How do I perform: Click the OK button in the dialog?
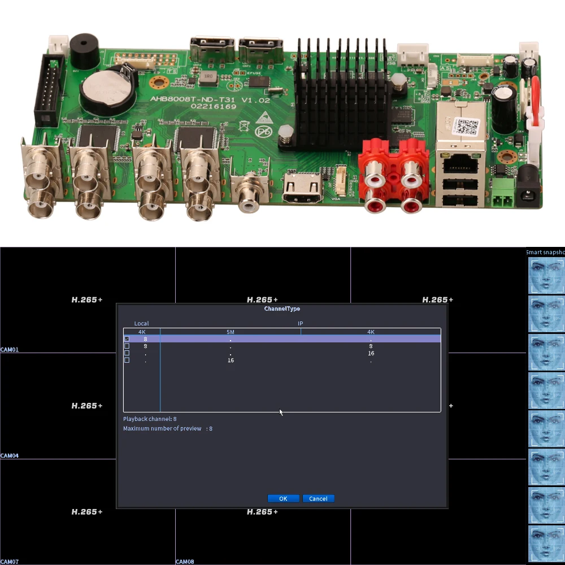click(x=283, y=498)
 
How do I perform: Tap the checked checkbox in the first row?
click(x=127, y=338)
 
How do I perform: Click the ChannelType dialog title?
click(x=282, y=309)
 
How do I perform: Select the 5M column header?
click(x=230, y=332)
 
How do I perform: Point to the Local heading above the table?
click(x=141, y=324)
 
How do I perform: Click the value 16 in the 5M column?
click(x=231, y=360)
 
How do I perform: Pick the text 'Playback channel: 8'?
click(x=150, y=419)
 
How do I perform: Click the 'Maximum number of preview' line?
click(x=168, y=429)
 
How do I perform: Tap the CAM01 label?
click(x=10, y=350)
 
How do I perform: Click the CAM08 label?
click(x=185, y=562)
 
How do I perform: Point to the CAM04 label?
click(x=10, y=455)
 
